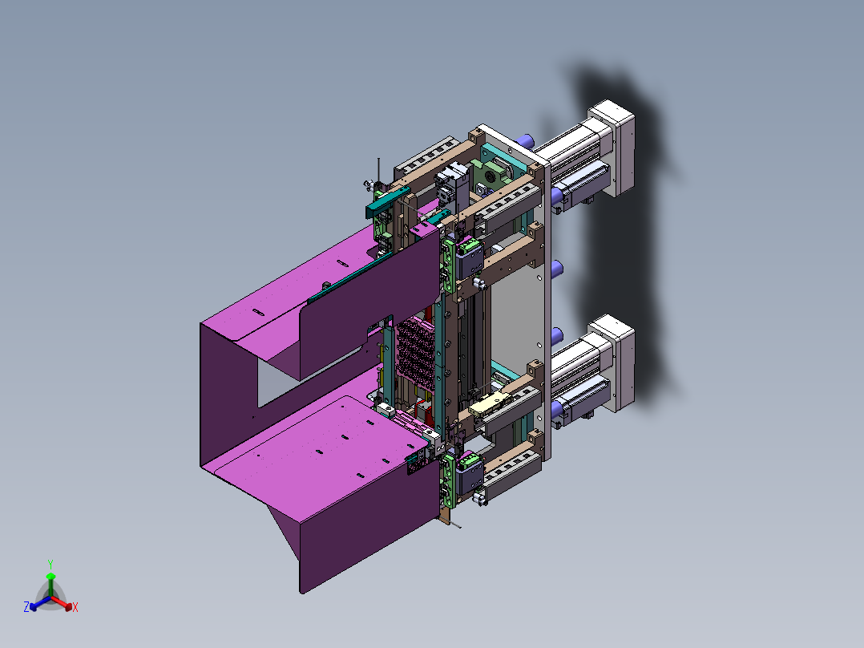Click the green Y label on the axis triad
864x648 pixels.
[50, 564]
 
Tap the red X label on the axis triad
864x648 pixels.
[75, 607]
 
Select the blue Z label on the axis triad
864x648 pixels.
[26, 607]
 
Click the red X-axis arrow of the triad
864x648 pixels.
[61, 602]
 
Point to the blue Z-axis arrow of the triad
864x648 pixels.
[40, 603]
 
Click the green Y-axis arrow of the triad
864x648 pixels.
[50, 585]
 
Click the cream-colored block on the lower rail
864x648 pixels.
[488, 404]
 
